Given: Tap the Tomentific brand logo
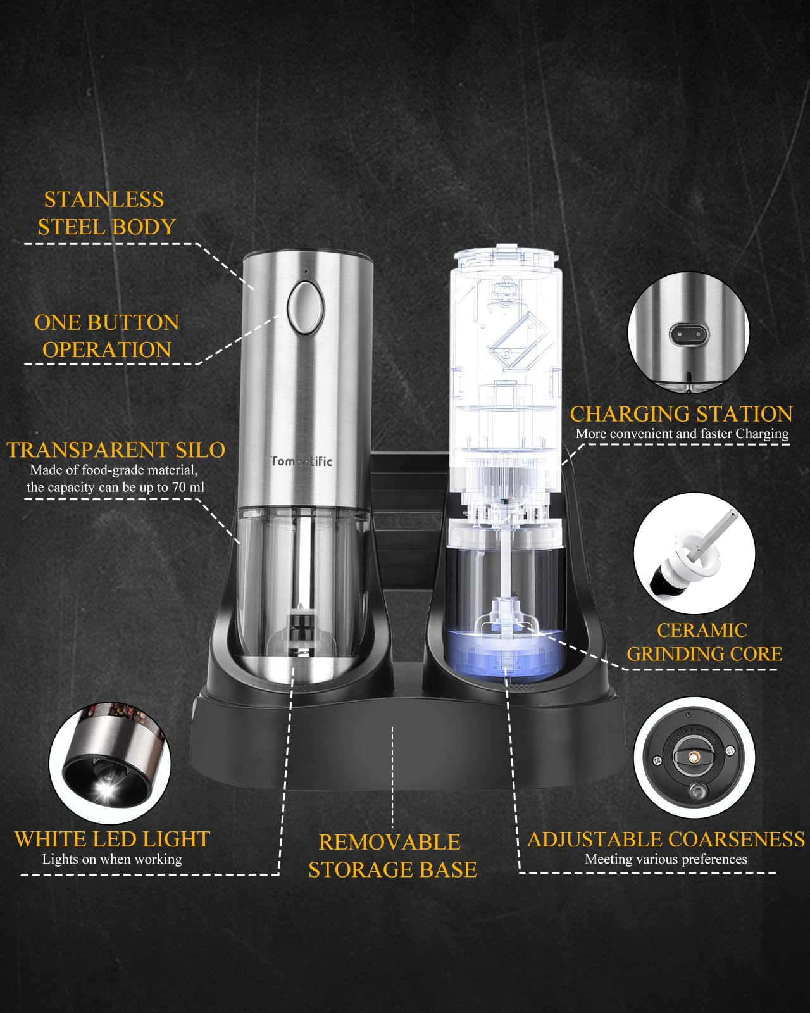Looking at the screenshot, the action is click(301, 461).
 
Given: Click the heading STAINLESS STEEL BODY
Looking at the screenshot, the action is click(106, 213).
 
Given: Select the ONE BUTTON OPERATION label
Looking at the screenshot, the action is click(107, 336).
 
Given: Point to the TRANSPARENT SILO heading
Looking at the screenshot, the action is click(116, 450).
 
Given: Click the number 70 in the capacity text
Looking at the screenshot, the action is click(179, 487).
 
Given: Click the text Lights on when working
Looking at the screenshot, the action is click(112, 859).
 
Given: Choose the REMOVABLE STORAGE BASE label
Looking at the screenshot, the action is click(392, 856).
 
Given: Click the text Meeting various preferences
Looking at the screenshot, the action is click(666, 859).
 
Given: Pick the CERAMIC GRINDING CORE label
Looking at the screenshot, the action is click(704, 642).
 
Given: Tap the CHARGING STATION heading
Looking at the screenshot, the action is click(681, 414).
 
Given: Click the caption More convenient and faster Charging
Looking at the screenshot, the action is click(682, 434).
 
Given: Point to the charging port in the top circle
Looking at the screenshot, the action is click(688, 334).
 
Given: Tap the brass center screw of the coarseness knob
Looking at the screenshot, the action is click(694, 757).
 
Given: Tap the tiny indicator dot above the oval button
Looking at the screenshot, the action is click(306, 272).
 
